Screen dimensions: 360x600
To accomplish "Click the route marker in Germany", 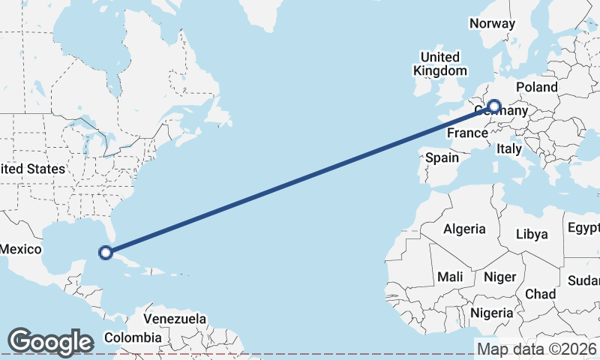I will (493, 106).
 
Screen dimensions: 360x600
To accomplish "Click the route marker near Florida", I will (106, 253).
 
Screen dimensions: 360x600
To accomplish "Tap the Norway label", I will (492, 23).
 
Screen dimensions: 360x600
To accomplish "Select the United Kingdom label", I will (439, 64).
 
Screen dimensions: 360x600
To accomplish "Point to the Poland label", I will (536, 87).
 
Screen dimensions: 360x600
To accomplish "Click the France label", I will (467, 133).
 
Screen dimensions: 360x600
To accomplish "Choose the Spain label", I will (442, 158).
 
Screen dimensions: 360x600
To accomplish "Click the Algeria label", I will (464, 229).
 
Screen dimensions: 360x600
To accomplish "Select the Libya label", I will (532, 234).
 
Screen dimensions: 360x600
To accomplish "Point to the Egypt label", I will (583, 227).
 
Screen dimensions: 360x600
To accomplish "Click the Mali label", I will (450, 277).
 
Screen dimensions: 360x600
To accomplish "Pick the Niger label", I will (499, 277).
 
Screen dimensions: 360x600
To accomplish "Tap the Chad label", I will (540, 293).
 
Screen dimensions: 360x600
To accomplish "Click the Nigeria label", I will (492, 313).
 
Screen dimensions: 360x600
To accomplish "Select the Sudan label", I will (585, 280).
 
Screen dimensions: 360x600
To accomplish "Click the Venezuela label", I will (175, 319).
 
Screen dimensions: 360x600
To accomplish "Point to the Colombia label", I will (133, 337).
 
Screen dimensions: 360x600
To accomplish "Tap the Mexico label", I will (19, 249).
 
